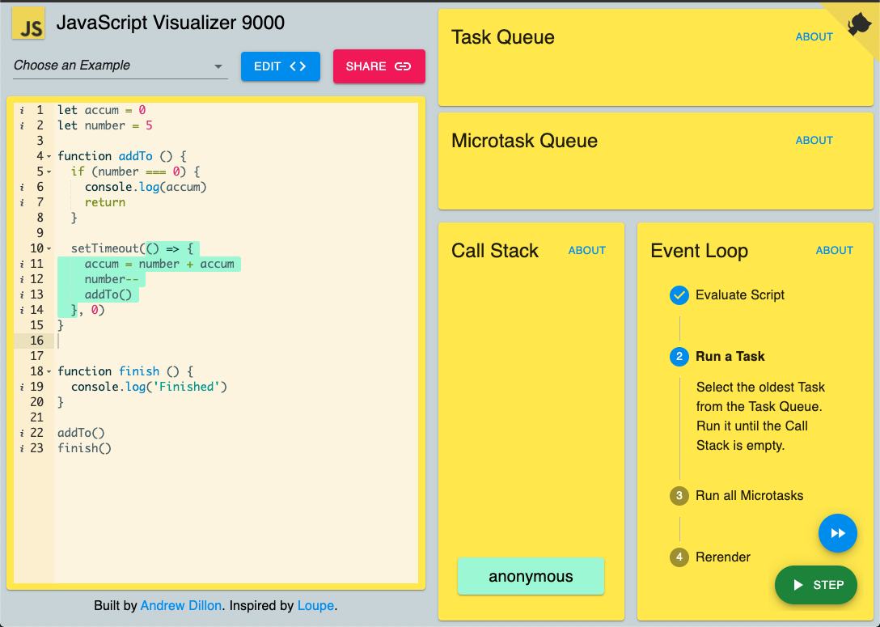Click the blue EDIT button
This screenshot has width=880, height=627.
click(281, 66)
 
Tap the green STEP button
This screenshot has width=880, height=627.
click(816, 585)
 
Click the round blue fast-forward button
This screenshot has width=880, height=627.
click(838, 533)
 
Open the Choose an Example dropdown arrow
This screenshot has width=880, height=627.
click(218, 66)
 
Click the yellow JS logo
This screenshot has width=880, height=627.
click(28, 23)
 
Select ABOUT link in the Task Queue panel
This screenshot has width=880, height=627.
click(814, 37)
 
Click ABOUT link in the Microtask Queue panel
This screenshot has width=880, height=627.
click(814, 140)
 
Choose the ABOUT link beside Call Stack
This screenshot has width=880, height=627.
click(587, 250)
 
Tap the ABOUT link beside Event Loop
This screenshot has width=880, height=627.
click(835, 250)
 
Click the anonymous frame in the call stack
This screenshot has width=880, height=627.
click(531, 577)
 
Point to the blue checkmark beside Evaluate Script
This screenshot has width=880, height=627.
click(679, 294)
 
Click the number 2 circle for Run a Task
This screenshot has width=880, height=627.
click(679, 357)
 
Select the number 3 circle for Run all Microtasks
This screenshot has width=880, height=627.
click(679, 496)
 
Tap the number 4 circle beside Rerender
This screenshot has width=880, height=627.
click(679, 557)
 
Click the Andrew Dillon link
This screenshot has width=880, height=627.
click(180, 606)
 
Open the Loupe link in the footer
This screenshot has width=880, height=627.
click(315, 606)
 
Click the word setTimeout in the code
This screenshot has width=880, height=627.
click(105, 248)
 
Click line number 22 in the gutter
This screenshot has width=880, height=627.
click(36, 433)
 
